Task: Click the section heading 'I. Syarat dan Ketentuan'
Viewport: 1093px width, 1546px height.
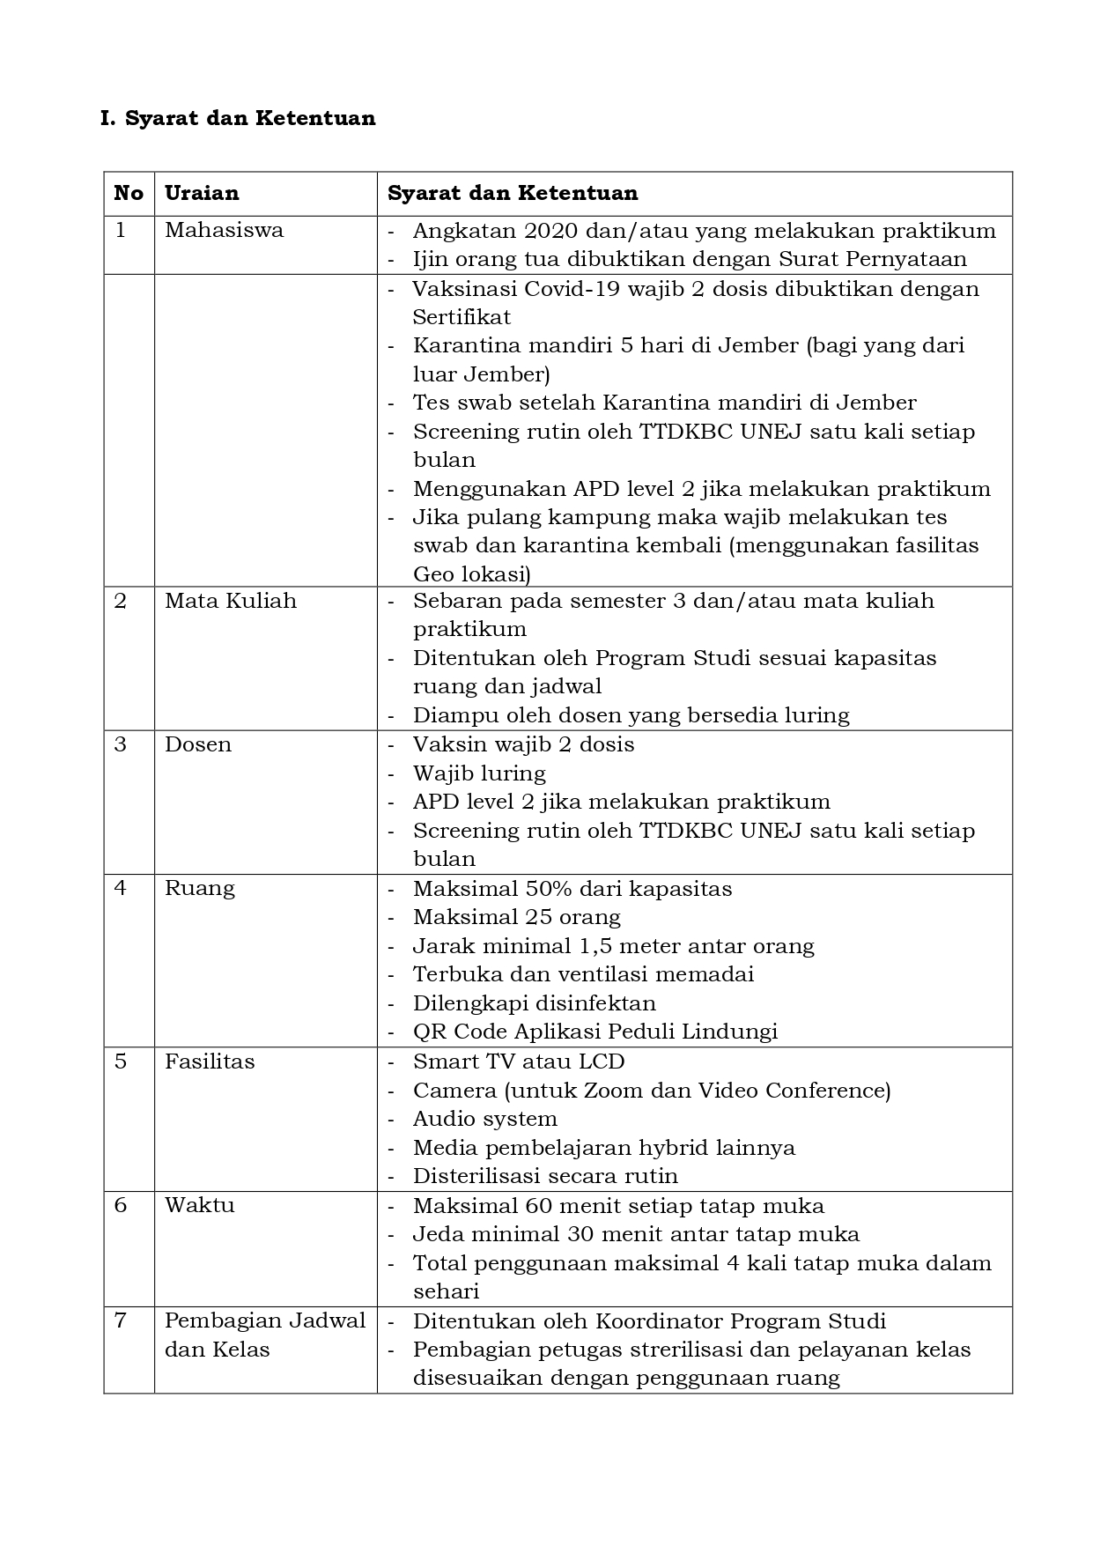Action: tap(238, 118)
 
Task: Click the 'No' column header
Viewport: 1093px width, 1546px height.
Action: tap(129, 193)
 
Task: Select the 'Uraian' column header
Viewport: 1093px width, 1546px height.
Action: tap(202, 193)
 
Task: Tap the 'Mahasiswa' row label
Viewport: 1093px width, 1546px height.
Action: tap(224, 231)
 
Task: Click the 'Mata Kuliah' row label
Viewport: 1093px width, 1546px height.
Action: tap(231, 601)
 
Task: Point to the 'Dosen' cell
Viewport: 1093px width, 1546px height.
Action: tap(198, 744)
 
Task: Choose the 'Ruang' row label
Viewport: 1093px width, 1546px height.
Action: tap(200, 888)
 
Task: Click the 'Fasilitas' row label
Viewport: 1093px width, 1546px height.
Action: tap(210, 1061)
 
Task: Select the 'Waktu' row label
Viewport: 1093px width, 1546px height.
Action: tap(200, 1205)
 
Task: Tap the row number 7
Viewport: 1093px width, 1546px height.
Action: tap(121, 1320)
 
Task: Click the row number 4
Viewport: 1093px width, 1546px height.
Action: tap(121, 888)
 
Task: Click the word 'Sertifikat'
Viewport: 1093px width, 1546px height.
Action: tap(462, 317)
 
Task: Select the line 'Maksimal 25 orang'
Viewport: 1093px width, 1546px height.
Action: tap(516, 917)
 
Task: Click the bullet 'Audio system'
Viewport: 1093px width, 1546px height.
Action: tap(484, 1119)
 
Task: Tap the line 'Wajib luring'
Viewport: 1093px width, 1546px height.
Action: tap(479, 773)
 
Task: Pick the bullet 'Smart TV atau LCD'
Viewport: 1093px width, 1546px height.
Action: tap(518, 1061)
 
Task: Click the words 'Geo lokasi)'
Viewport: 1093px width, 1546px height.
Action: tap(471, 574)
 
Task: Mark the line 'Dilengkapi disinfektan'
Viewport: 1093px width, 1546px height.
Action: tap(534, 1003)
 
